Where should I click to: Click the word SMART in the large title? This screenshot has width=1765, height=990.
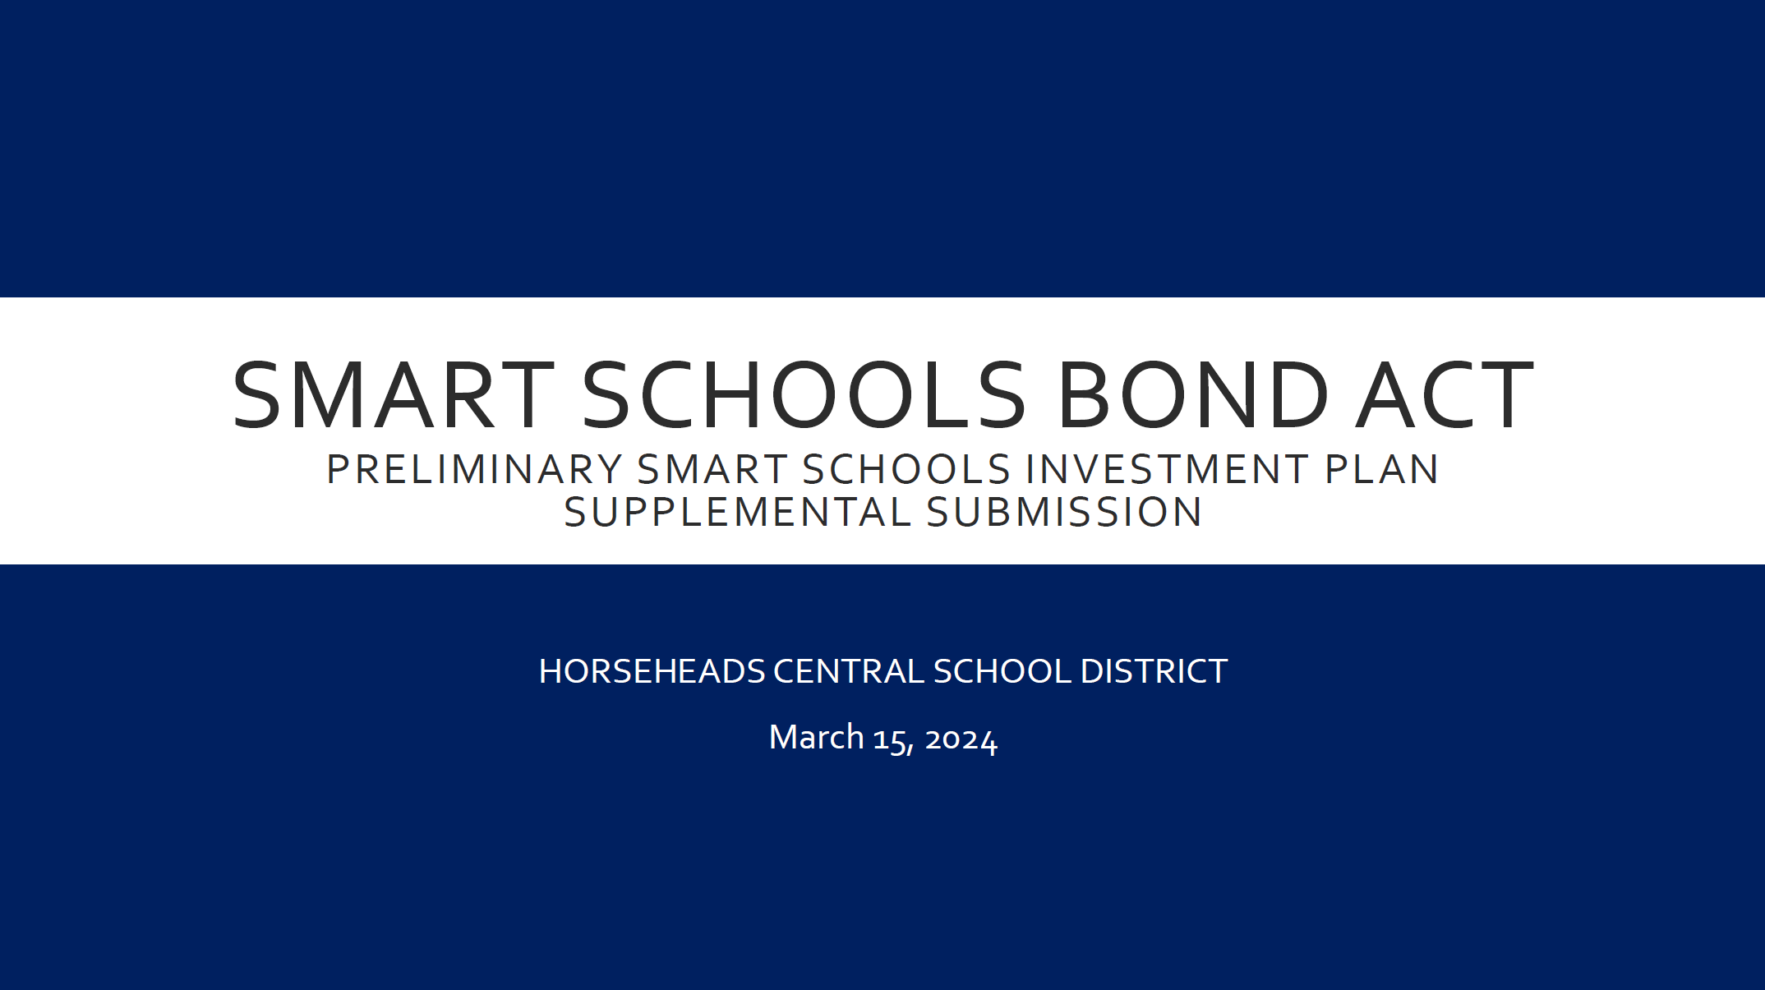(x=394, y=396)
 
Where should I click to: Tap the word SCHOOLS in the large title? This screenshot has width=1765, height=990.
(x=804, y=396)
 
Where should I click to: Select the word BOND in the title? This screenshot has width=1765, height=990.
(x=1193, y=396)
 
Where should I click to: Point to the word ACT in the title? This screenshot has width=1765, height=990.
(x=1445, y=396)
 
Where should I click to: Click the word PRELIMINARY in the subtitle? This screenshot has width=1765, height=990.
(x=474, y=470)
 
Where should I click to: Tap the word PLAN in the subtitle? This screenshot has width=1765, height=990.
(x=1382, y=470)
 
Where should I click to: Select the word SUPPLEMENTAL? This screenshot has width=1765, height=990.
(x=737, y=513)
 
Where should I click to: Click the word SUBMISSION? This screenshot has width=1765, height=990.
(x=1065, y=513)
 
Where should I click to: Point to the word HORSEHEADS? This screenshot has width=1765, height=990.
(x=652, y=672)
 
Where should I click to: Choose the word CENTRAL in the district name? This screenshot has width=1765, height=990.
(x=848, y=672)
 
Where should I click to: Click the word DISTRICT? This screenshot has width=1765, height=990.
(x=1154, y=672)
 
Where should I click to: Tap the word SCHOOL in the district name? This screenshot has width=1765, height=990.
(x=1002, y=672)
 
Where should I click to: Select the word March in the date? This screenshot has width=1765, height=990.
(x=816, y=738)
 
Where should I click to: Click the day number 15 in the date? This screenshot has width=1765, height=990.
(x=891, y=739)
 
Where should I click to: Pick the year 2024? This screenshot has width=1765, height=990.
(x=961, y=739)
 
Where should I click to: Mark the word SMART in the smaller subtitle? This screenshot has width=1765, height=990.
(x=712, y=470)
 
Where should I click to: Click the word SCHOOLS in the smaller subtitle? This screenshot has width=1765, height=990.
(x=906, y=470)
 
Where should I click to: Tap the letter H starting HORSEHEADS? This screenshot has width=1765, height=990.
(x=550, y=672)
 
